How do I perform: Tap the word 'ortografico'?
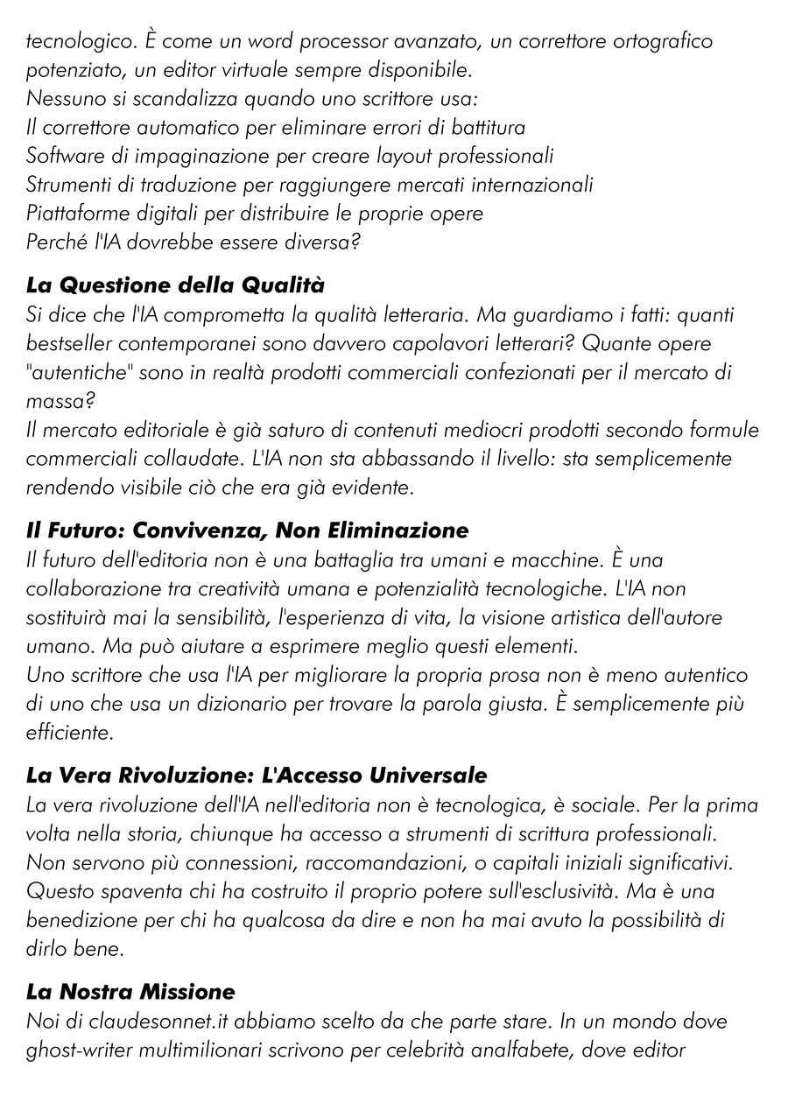662,41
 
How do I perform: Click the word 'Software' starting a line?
62,157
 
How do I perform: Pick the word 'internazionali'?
534,186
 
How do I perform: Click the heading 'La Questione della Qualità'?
175,285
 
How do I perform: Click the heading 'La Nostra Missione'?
130,992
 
